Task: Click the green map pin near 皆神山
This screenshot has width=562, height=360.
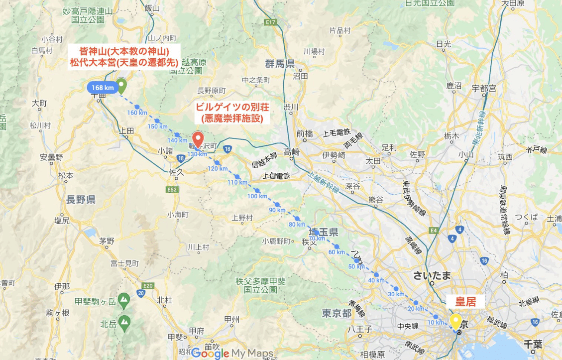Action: [121, 85]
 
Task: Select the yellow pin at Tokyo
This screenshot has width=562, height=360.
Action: [454, 321]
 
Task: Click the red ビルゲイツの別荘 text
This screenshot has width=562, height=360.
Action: [228, 107]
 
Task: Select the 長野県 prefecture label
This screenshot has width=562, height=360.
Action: [81, 200]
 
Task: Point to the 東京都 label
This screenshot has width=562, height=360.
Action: [337, 313]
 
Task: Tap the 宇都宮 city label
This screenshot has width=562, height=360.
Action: [484, 88]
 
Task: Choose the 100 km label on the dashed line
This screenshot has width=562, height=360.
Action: [257, 196]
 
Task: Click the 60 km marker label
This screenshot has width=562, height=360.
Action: [337, 252]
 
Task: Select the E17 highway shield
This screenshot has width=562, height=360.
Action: [271, 22]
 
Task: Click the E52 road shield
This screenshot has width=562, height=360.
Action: [172, 190]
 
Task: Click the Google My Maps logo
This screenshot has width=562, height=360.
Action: [232, 353]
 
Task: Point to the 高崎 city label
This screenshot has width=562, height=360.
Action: [292, 152]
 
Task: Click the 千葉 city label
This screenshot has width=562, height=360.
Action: [528, 343]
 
